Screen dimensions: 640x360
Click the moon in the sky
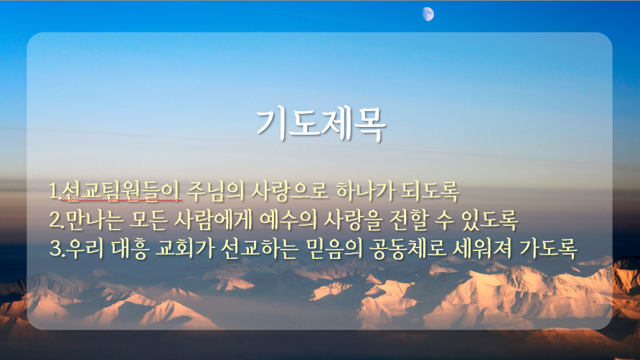coord(428,14)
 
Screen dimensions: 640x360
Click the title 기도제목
coord(321,125)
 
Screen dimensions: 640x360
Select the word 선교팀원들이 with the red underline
coord(121,191)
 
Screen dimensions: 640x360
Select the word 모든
coord(148,219)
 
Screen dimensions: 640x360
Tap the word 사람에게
coord(212,219)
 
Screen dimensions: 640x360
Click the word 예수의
coord(288,219)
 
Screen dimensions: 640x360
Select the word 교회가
coord(184,248)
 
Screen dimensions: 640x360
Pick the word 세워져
coord(481,248)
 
